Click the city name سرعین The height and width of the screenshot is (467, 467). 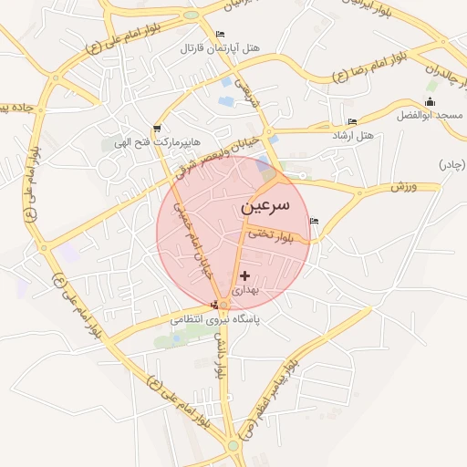(265, 207)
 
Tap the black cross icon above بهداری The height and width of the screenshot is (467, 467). (244, 275)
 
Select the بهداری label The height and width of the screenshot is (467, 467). (244, 290)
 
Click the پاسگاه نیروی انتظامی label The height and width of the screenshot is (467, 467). (214, 320)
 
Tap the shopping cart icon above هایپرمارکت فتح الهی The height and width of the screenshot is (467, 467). (158, 129)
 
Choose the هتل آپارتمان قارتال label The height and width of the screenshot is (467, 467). (220, 47)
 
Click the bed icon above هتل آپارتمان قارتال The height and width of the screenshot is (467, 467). (220, 35)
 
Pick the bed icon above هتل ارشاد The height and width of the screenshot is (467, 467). (352, 122)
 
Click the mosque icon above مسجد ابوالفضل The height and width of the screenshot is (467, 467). (431, 101)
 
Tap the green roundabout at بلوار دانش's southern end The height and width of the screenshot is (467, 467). (233, 445)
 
